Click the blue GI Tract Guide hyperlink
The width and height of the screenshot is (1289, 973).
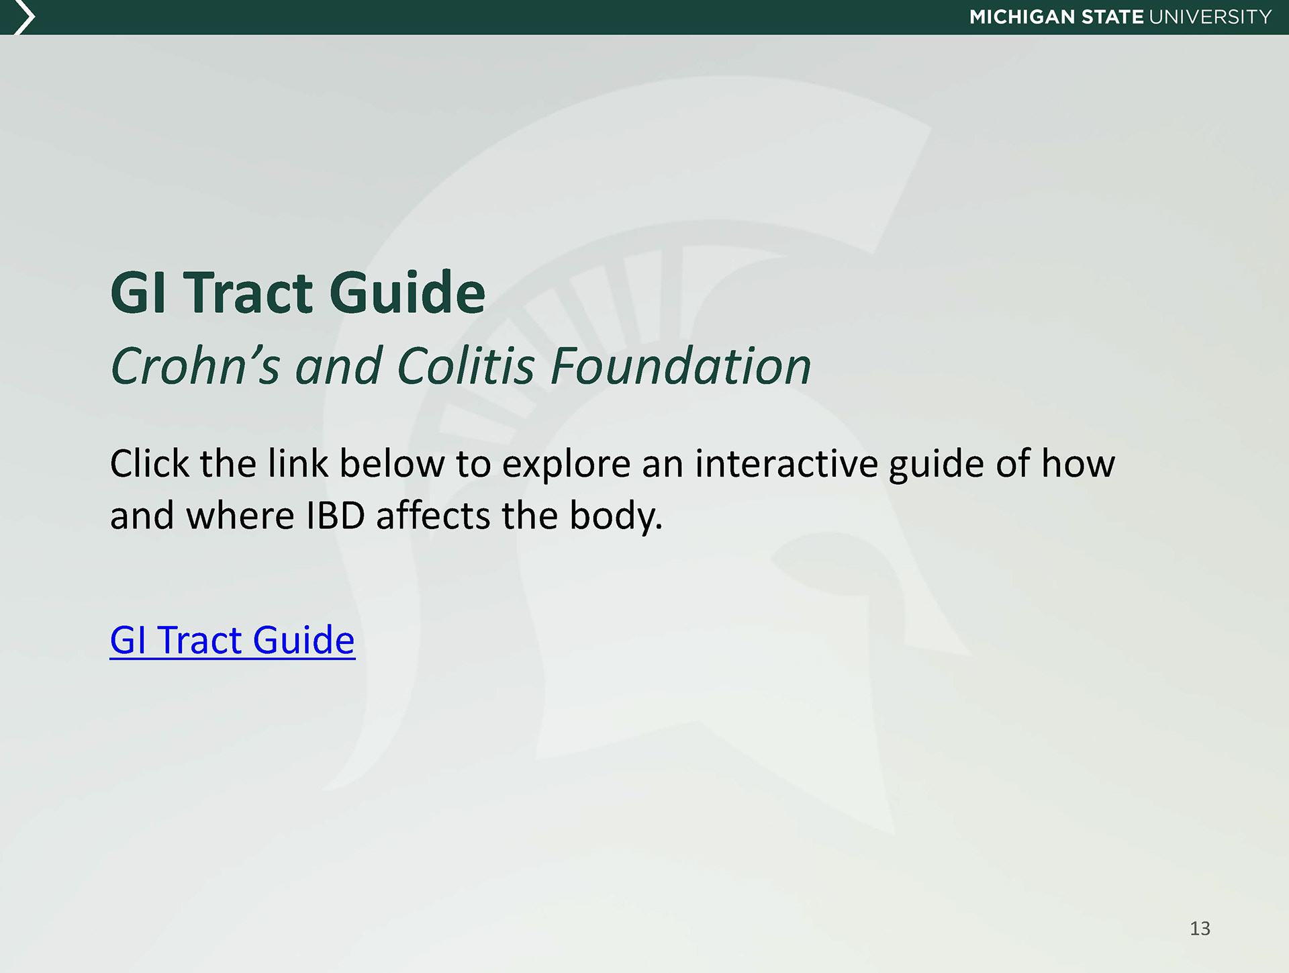tap(232, 640)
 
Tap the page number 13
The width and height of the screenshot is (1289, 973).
tap(1200, 928)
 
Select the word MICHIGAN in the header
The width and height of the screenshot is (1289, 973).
tap(1022, 17)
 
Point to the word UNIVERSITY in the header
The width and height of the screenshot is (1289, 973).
tap(1210, 17)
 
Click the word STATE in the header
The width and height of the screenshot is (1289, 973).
tap(1112, 17)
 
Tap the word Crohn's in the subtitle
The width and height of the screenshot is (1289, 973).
tap(195, 366)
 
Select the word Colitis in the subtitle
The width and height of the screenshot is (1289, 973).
tap(466, 366)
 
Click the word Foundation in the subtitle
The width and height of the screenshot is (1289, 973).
tap(681, 366)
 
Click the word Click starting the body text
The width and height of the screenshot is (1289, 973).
tap(150, 464)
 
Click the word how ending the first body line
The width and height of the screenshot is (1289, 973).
tap(1078, 464)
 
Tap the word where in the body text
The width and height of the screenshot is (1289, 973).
tap(240, 516)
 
